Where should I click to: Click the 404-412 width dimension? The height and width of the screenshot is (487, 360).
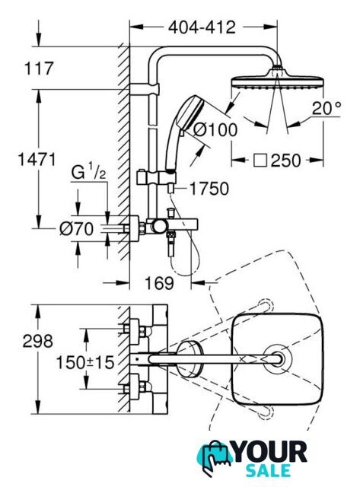pyautogui.click(x=202, y=27)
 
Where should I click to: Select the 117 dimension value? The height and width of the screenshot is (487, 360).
pyautogui.click(x=39, y=68)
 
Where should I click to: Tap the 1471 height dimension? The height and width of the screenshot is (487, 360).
pyautogui.click(x=37, y=159)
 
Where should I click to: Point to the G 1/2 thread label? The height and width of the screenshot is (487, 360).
pyautogui.click(x=88, y=173)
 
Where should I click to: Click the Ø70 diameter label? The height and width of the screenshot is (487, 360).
pyautogui.click(x=76, y=229)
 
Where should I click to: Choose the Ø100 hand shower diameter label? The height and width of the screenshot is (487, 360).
pyautogui.click(x=215, y=129)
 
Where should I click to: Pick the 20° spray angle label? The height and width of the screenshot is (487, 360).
pyautogui.click(x=327, y=108)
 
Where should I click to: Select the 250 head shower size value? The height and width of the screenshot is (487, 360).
pyautogui.click(x=285, y=161)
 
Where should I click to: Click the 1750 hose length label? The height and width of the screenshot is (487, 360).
pyautogui.click(x=209, y=189)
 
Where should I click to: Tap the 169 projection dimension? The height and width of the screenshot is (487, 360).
pyautogui.click(x=159, y=283)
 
